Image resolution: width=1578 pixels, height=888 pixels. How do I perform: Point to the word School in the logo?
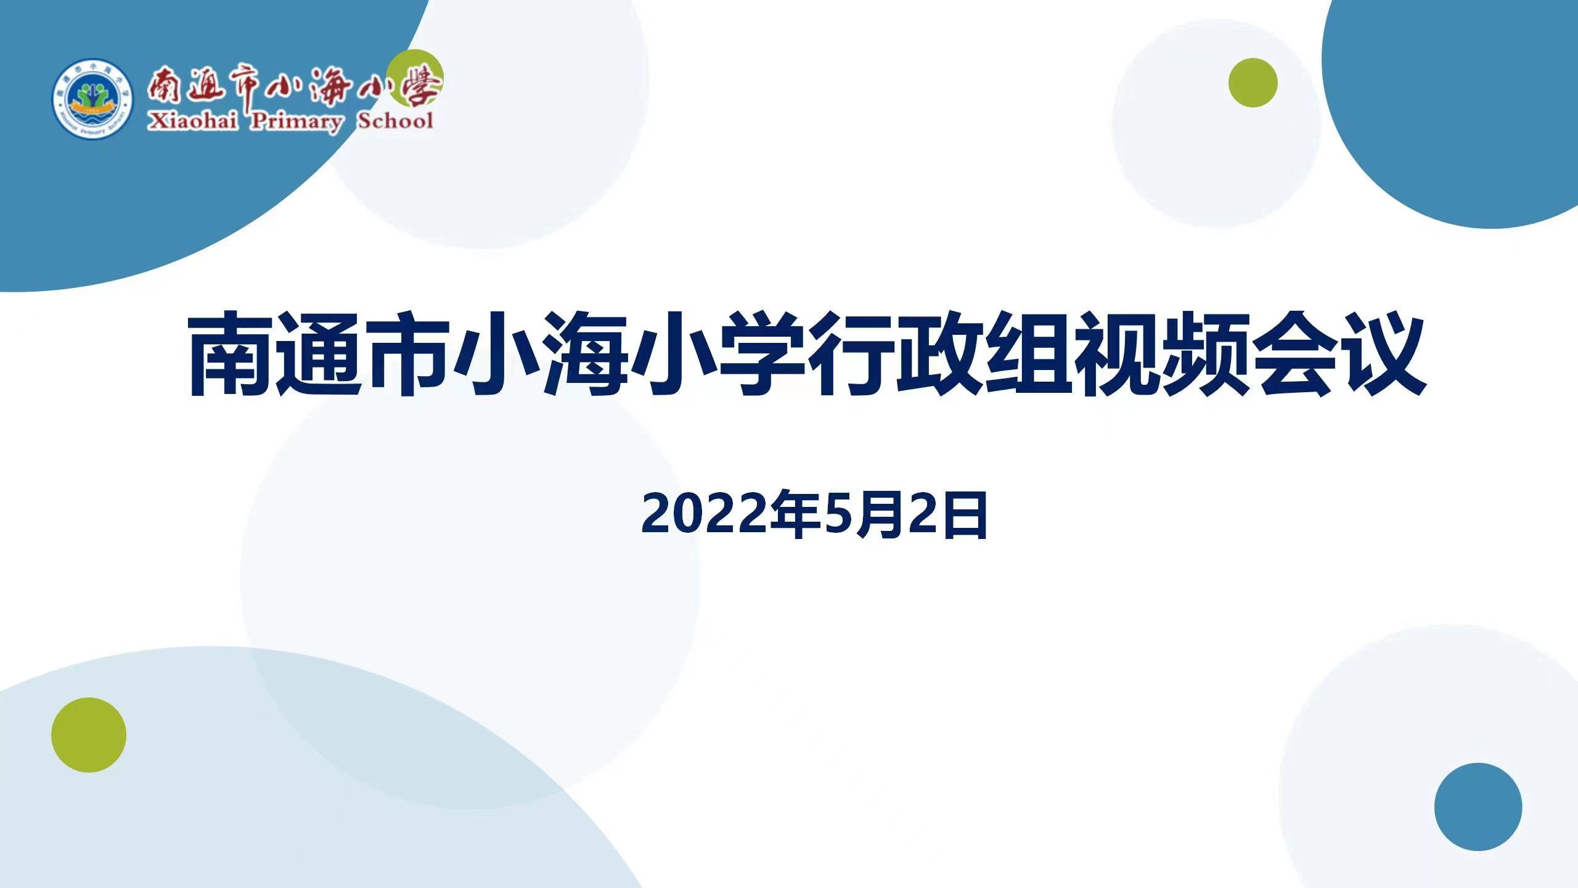[396, 120]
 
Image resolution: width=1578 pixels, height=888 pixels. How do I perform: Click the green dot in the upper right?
[1253, 83]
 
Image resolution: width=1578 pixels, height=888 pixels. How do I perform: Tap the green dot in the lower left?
[89, 735]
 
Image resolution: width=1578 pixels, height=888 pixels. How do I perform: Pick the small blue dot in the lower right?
[1478, 807]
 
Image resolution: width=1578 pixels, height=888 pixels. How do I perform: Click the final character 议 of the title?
[1384, 355]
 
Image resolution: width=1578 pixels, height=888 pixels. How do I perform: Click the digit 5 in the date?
[841, 514]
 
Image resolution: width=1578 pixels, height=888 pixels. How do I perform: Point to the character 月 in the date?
[882, 513]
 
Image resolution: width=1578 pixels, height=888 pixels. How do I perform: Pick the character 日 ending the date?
[965, 513]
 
